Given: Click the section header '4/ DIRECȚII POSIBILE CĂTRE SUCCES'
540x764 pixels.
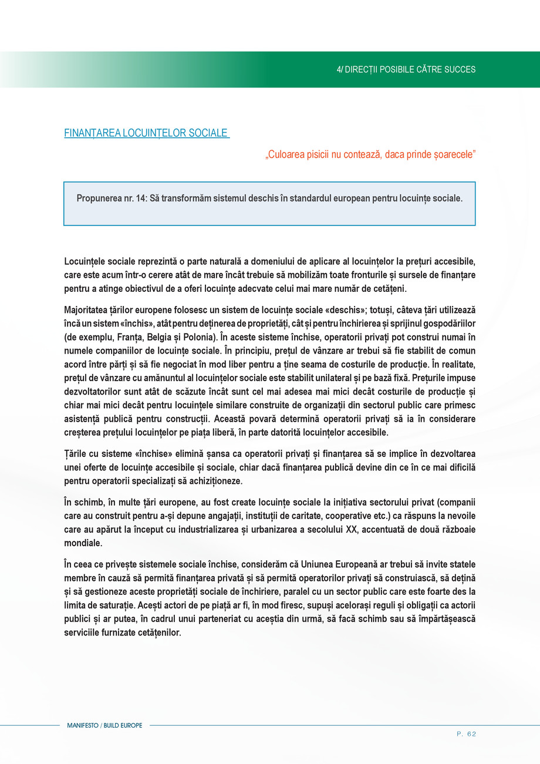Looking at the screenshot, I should (x=406, y=69).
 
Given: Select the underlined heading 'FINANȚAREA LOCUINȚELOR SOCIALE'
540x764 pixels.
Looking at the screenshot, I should (x=146, y=133).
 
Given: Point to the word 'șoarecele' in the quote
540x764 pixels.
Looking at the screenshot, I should (x=453, y=155).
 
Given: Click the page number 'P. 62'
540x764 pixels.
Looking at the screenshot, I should (x=466, y=733).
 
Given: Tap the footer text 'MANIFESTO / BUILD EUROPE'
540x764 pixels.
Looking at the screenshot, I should (x=104, y=726).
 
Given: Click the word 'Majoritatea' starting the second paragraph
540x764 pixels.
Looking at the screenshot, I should (x=87, y=309).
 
